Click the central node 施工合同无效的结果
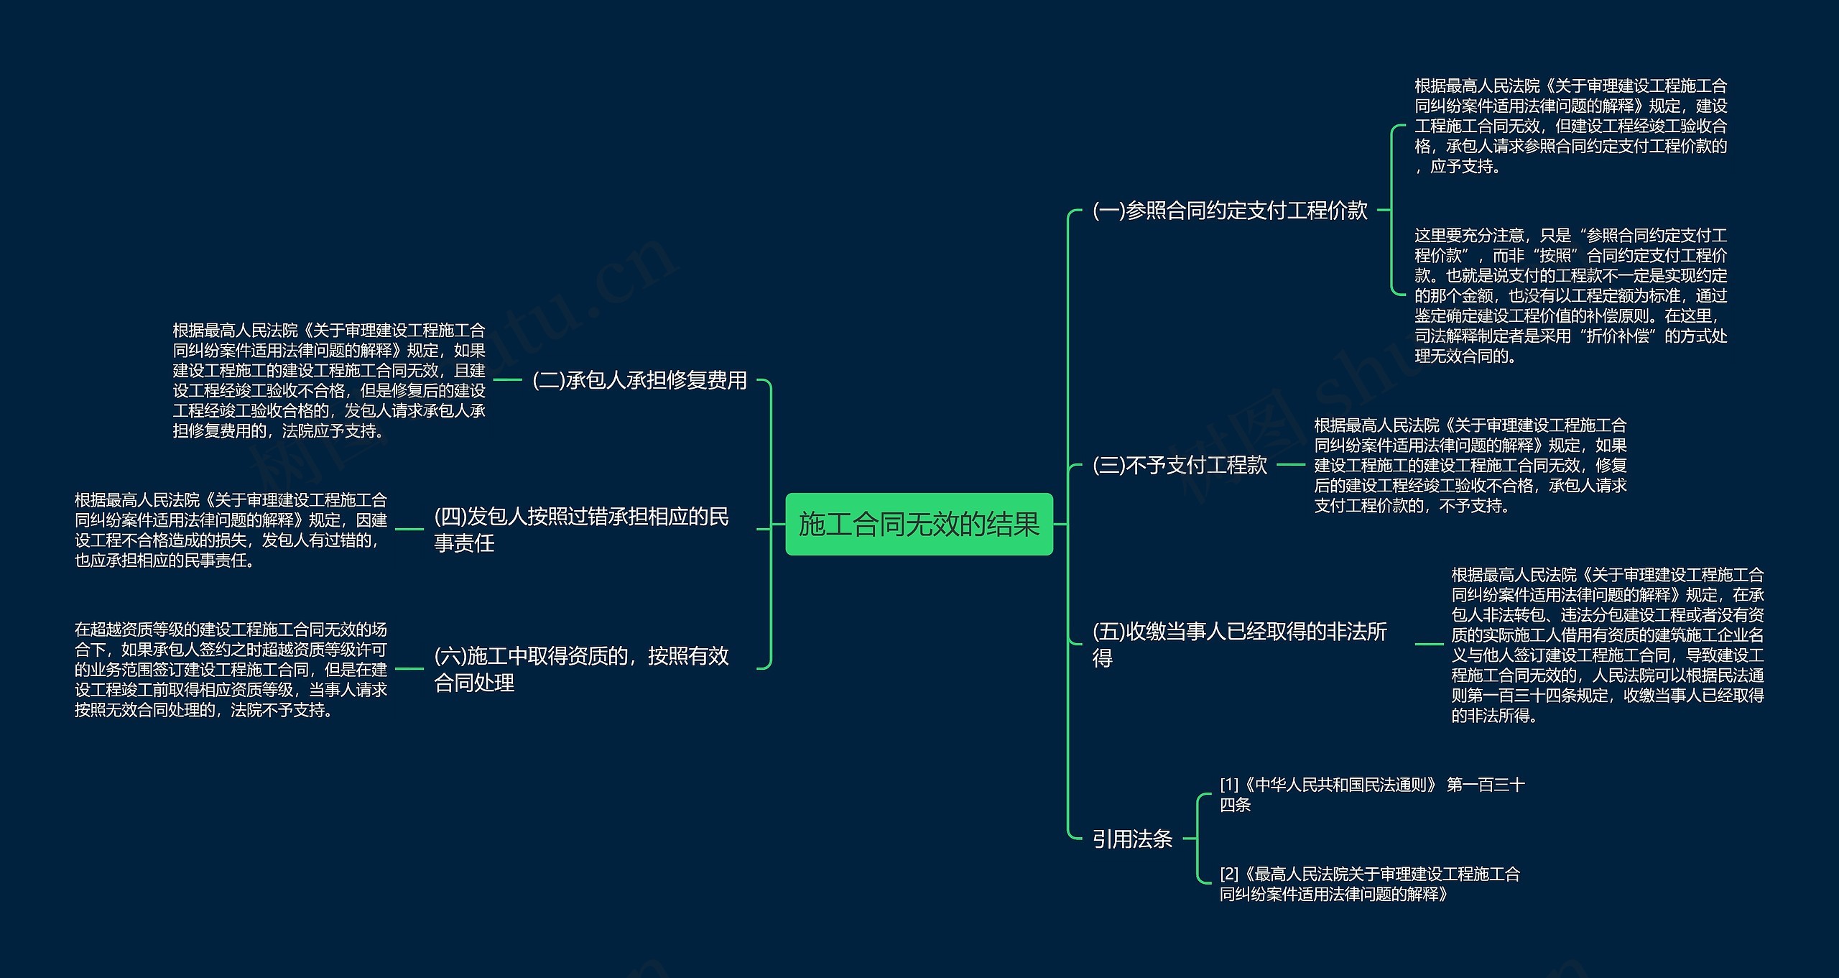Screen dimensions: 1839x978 point(919,524)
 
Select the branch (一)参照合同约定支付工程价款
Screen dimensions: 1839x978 point(1230,211)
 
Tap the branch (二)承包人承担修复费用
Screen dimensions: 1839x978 point(639,380)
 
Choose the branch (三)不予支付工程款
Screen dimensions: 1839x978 point(1180,465)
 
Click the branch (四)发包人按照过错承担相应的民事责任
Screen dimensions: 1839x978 point(581,530)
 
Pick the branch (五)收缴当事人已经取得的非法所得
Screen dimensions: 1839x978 point(1239,644)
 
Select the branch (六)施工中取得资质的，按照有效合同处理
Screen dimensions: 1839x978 point(581,669)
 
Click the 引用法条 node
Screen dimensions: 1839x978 point(1132,839)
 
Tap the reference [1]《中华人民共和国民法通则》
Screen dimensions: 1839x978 point(1371,794)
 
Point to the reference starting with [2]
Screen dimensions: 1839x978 point(1369,884)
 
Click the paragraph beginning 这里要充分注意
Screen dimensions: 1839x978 point(1570,295)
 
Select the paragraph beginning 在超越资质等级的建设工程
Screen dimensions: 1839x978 point(231,670)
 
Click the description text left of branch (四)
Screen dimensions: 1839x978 point(231,530)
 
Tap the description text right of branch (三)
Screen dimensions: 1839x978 point(1470,465)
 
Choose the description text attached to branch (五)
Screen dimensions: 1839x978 point(1607,645)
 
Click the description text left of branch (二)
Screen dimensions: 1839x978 point(329,380)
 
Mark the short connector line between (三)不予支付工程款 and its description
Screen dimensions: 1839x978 point(1290,465)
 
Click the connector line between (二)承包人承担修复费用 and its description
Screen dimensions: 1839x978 point(508,380)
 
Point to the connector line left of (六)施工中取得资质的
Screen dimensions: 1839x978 point(409,669)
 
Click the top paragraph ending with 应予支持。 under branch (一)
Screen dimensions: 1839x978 point(1570,126)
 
